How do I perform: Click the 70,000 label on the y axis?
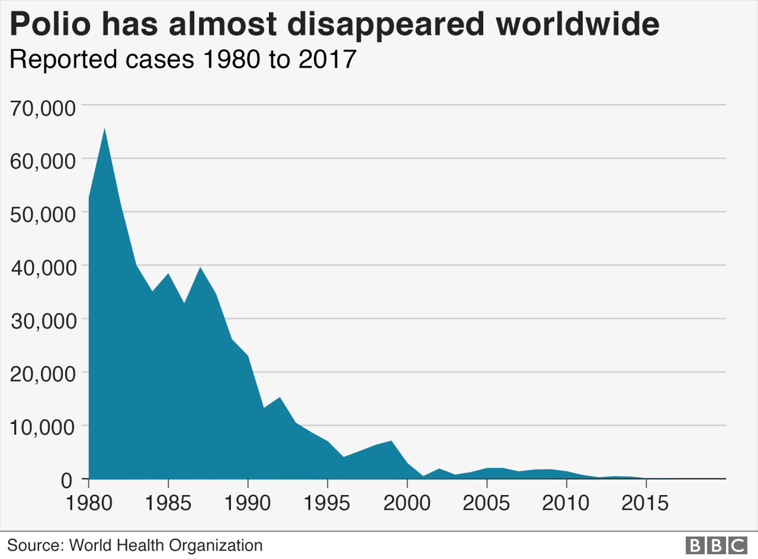43,109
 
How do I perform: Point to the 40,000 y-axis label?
43,269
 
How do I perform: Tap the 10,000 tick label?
43,429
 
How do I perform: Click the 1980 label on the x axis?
89,503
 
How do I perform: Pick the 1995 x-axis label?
327,503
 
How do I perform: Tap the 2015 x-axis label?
646,503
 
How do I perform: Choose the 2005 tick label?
487,503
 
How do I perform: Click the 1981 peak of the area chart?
105,128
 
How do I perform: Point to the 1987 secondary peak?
200,268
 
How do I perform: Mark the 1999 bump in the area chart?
391,441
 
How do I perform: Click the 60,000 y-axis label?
43,162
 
